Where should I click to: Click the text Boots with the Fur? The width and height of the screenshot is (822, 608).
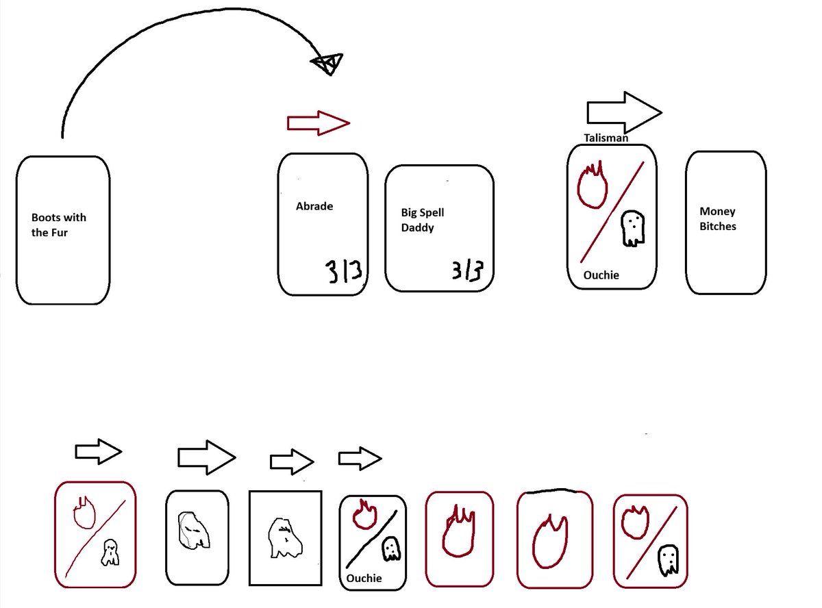pos(59,224)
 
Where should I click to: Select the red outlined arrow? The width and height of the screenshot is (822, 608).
pos(319,123)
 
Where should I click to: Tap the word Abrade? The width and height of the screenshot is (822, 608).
pos(314,205)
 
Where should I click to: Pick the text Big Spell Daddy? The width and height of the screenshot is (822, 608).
pos(423,220)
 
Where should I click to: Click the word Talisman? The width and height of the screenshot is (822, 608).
pos(606,138)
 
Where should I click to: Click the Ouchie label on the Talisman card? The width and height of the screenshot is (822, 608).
pos(601,275)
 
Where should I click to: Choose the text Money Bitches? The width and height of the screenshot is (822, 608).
pos(718,219)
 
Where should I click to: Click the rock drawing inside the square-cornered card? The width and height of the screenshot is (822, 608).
pos(285,538)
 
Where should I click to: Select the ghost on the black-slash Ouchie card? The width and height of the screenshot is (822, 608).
pos(390,548)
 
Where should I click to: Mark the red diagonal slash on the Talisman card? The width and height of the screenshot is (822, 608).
pos(612,212)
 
